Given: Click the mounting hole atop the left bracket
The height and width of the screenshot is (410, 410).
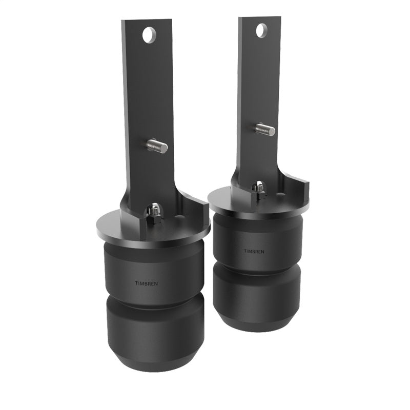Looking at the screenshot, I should tap(149, 35).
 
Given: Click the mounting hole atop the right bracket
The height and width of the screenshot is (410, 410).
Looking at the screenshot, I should tap(261, 30).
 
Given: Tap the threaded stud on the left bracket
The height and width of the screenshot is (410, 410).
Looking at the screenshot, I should tap(157, 147).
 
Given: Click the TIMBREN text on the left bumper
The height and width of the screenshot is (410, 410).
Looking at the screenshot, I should tap(144, 283).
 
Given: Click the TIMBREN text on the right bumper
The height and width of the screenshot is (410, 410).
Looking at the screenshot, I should tap(254, 251).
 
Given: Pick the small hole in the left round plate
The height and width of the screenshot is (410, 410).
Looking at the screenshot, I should tap(178, 217).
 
